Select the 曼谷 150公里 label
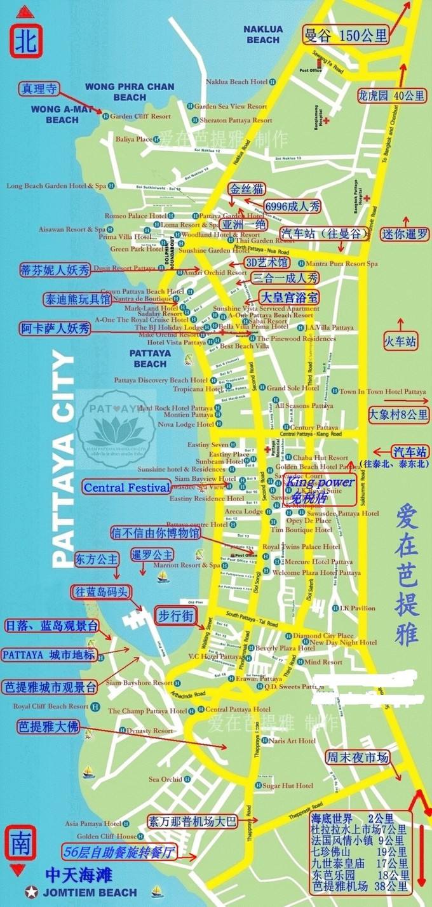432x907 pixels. click(345, 35)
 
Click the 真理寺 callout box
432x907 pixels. click(39, 89)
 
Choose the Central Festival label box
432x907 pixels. click(127, 488)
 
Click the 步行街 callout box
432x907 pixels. click(175, 615)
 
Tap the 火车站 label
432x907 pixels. click(400, 341)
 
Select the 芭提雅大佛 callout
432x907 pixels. click(49, 727)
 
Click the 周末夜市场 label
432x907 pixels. click(357, 758)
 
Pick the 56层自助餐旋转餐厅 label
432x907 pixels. click(119, 852)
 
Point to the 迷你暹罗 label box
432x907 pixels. click(405, 234)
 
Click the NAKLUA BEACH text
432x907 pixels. click(263, 34)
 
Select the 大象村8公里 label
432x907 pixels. click(398, 415)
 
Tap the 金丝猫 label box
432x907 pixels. click(246, 189)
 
